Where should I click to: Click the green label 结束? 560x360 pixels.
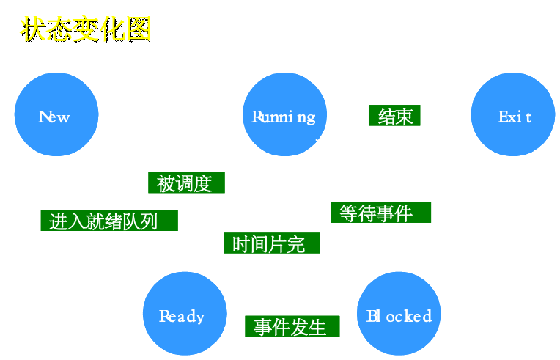396,115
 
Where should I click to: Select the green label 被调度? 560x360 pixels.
186,182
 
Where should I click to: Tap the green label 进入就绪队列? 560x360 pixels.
108,220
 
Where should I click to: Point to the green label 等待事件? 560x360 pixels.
380,213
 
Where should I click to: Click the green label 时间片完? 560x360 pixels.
272,243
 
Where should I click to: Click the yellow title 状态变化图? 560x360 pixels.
85,29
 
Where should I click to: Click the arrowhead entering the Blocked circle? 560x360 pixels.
399,265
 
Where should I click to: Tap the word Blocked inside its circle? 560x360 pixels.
399,316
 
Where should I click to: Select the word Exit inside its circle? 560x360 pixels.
514,117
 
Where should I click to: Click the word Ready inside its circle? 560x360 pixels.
182,317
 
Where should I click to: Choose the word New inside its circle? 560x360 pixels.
54,117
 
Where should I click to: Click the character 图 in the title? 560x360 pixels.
138,29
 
